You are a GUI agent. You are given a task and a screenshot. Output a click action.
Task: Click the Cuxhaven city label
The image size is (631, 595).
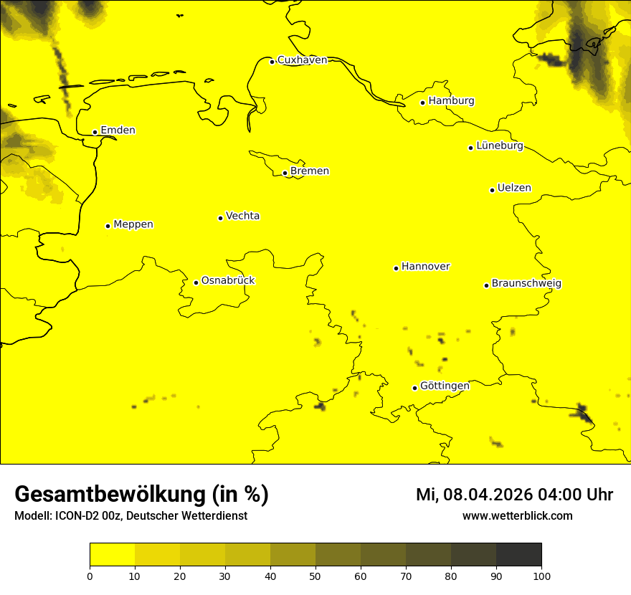click(x=302, y=60)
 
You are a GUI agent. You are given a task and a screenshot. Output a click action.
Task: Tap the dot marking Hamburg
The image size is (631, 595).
click(x=423, y=103)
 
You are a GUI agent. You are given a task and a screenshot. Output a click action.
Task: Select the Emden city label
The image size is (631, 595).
click(x=118, y=130)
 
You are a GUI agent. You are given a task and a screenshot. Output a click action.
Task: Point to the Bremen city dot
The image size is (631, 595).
click(x=285, y=173)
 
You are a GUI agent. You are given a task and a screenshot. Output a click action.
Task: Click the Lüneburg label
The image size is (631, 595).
click(x=500, y=146)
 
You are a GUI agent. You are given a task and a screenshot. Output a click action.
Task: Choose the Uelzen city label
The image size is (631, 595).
click(x=514, y=188)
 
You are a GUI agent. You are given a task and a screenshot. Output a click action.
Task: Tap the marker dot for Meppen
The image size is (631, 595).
click(x=108, y=226)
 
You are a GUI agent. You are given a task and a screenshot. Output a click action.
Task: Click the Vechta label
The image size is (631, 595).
click(x=242, y=216)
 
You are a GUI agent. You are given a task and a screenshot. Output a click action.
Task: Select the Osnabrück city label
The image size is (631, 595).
click(x=228, y=280)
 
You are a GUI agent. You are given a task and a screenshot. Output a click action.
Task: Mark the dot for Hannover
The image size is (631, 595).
click(x=396, y=268)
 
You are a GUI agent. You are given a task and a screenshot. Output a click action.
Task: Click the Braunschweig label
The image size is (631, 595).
click(x=526, y=283)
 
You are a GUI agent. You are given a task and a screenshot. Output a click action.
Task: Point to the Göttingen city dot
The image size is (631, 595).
click(x=414, y=388)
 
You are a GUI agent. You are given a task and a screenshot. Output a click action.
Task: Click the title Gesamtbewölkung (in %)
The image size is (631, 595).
click(x=141, y=495)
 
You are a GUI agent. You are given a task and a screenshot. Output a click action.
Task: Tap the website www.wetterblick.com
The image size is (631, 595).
click(x=517, y=516)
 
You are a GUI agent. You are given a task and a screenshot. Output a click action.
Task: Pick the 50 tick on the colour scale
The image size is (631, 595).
click(x=315, y=576)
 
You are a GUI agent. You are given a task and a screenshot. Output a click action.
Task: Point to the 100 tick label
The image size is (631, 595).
click(x=541, y=576)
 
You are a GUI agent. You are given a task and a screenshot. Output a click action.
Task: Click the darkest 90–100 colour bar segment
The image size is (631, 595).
click(x=518, y=554)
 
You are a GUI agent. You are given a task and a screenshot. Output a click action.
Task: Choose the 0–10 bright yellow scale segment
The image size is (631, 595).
click(x=112, y=554)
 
